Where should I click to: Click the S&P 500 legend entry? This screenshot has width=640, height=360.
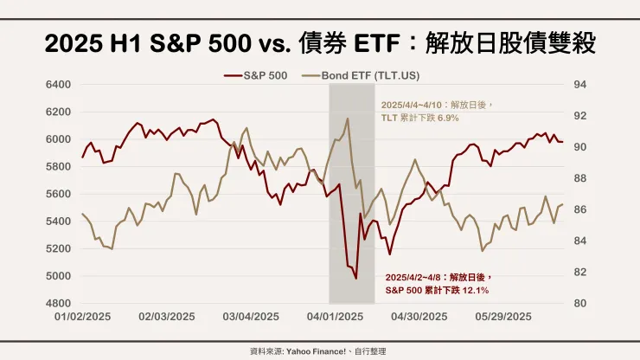pos(266,75)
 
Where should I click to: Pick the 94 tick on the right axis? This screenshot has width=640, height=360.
pos(580,85)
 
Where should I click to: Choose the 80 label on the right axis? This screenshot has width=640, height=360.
pos(580,304)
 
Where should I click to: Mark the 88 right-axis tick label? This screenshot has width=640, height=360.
pos(580,178)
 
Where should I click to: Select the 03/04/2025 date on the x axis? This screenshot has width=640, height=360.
pos(250,318)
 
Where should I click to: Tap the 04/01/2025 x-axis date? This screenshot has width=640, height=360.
pos(334,318)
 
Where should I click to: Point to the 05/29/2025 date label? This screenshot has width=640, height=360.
pos(502,318)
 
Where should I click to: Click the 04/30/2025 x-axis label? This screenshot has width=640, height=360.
pos(419,318)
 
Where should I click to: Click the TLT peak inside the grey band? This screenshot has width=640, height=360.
pos(347,119)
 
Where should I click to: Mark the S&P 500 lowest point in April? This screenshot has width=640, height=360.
pos(356,279)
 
